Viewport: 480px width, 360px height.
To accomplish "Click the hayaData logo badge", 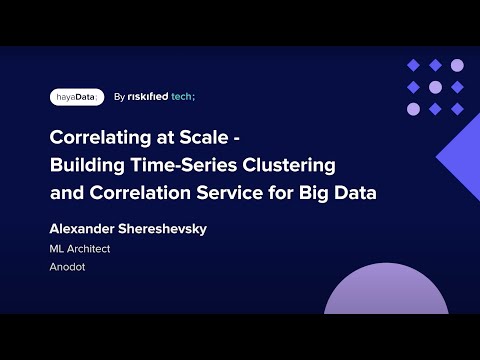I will (77, 97).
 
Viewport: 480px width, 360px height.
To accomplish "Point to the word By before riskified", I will (120, 97).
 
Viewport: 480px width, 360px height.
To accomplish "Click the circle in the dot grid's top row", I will (457, 65).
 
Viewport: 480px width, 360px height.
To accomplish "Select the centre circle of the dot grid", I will (435, 87).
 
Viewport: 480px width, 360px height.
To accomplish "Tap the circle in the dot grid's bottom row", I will (435, 109).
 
